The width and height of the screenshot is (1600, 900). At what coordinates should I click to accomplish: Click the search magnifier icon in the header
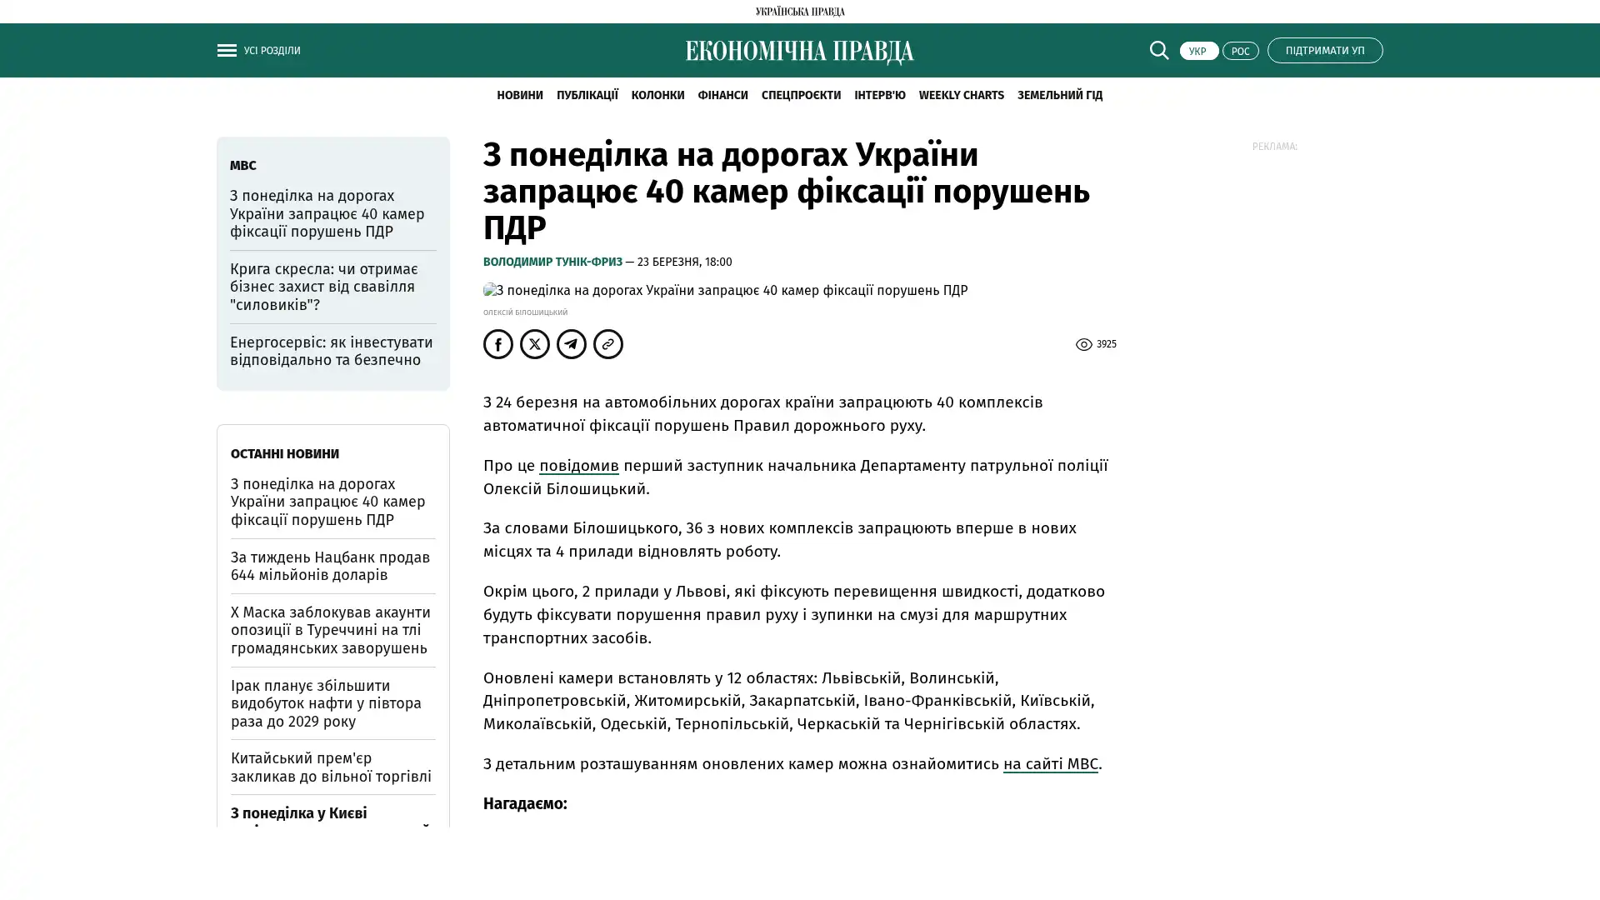click(x=1158, y=50)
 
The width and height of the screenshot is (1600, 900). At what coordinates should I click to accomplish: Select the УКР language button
click(x=1198, y=51)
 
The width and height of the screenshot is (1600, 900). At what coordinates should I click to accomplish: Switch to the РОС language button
click(x=1240, y=51)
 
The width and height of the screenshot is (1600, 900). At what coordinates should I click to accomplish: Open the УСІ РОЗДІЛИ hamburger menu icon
click(x=227, y=51)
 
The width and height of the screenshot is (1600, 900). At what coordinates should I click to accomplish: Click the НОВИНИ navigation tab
click(x=519, y=95)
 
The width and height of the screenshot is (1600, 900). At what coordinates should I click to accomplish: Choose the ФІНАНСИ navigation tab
click(x=722, y=95)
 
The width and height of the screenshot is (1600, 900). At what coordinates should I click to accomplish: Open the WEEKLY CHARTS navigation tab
click(x=961, y=95)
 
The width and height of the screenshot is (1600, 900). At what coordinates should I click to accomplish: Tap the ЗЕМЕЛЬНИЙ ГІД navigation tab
click(x=1059, y=95)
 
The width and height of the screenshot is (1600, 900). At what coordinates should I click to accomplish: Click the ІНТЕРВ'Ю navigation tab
click(x=879, y=95)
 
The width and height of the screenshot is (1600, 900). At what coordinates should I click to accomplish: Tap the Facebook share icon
click(x=498, y=344)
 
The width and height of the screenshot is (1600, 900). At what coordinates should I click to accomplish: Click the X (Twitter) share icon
click(x=535, y=344)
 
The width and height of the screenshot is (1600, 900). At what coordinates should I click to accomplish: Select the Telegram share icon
click(x=572, y=344)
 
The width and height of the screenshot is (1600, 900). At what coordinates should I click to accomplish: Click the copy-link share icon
click(x=608, y=344)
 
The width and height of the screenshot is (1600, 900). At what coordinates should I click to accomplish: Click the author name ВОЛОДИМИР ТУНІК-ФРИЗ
click(x=552, y=262)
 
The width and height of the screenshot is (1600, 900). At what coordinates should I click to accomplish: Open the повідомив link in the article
click(x=578, y=466)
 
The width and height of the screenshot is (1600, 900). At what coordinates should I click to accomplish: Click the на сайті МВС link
click(x=1050, y=764)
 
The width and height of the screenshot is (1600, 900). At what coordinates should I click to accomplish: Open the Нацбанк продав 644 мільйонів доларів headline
click(x=330, y=566)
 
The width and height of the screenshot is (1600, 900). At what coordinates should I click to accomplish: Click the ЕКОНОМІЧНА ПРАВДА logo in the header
click(x=799, y=52)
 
